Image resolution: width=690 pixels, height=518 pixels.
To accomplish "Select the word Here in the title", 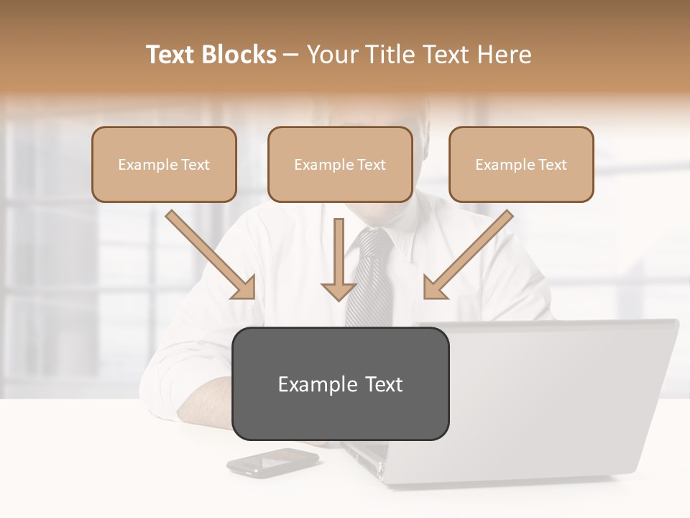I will pyautogui.click(x=502, y=55).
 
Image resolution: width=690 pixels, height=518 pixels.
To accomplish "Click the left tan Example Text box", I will pyautogui.click(x=164, y=164).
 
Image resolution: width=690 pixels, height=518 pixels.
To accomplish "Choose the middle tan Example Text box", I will pyautogui.click(x=340, y=164).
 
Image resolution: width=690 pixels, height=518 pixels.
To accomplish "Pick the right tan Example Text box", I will pyautogui.click(x=521, y=164).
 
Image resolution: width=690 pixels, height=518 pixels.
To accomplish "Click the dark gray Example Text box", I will pyautogui.click(x=340, y=384).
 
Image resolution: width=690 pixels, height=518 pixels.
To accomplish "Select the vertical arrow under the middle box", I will pyautogui.click(x=339, y=259).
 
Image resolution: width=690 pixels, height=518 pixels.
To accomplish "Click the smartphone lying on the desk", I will pyautogui.click(x=272, y=461).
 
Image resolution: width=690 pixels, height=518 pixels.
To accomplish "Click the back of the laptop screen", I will pyautogui.click(x=561, y=396).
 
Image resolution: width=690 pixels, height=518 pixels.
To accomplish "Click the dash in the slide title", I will pyautogui.click(x=291, y=55).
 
